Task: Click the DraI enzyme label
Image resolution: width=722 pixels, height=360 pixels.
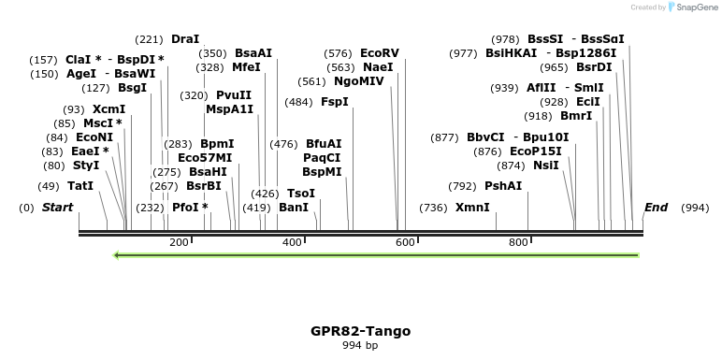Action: pyautogui.click(x=185, y=39)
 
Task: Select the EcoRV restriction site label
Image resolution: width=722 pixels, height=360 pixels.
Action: pyautogui.click(x=379, y=53)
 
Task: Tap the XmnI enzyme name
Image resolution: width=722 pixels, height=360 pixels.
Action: pyautogui.click(x=472, y=208)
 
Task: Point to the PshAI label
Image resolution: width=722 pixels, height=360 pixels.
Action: pyautogui.click(x=503, y=186)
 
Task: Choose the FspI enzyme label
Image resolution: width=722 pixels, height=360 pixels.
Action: pyautogui.click(x=334, y=102)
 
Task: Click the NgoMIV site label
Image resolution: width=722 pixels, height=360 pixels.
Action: pyautogui.click(x=359, y=81)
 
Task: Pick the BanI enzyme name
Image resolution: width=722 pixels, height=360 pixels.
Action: pyautogui.click(x=294, y=208)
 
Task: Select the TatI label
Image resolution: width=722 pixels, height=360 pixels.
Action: pyautogui.click(x=80, y=186)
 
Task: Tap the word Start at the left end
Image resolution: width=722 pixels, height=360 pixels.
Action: pyautogui.click(x=58, y=208)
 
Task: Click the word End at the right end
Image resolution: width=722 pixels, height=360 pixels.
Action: pyautogui.click(x=656, y=208)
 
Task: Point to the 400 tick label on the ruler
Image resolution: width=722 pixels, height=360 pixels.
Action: pyautogui.click(x=292, y=243)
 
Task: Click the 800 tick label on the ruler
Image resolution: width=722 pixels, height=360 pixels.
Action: pyautogui.click(x=518, y=243)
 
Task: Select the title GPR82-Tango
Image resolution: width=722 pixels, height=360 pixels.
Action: pyautogui.click(x=360, y=331)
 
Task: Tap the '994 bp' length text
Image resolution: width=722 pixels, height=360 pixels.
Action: pyautogui.click(x=360, y=346)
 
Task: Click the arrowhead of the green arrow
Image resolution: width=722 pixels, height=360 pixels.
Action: pyautogui.click(x=116, y=254)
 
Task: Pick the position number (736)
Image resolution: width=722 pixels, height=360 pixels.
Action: pyautogui.click(x=433, y=208)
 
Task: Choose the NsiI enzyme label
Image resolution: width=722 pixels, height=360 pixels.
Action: pyautogui.click(x=546, y=166)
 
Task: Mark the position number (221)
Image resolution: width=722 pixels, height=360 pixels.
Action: pyautogui.click(x=149, y=39)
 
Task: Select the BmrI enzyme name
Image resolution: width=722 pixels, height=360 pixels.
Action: pyautogui.click(x=576, y=117)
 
